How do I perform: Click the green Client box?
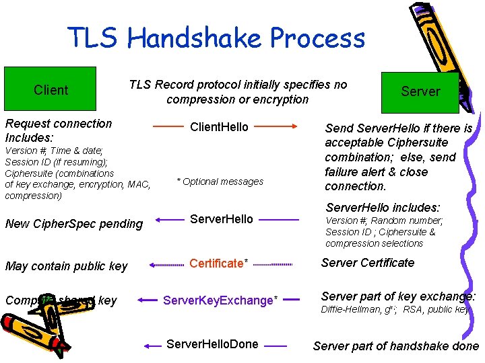[51, 89]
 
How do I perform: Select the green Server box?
[420, 91]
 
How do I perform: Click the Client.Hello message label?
[219, 127]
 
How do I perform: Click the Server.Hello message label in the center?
[222, 218]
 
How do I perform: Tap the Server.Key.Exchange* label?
[220, 300]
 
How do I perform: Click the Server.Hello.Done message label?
[212, 344]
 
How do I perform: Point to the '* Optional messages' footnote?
[220, 182]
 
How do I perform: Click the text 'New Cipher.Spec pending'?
[73, 224]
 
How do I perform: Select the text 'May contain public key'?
[66, 266]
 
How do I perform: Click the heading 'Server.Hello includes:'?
[383, 208]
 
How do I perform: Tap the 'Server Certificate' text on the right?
[368, 263]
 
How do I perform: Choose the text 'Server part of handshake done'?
[396, 346]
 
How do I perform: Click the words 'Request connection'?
[59, 124]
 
